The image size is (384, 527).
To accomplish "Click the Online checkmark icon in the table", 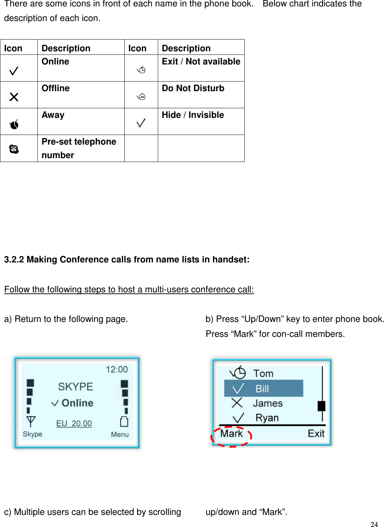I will [x=14, y=71].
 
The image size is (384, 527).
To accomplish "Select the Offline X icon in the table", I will [x=14, y=97].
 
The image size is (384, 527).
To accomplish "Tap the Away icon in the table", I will [x=14, y=124].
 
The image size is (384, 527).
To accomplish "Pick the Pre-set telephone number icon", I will [x=14, y=149].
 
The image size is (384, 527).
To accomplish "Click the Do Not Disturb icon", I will [x=141, y=96].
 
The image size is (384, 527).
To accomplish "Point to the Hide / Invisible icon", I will [x=141, y=123].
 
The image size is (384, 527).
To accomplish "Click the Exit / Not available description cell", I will [x=201, y=68].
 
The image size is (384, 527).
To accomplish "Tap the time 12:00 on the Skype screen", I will [x=116, y=369].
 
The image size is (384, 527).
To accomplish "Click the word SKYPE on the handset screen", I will [x=76, y=386].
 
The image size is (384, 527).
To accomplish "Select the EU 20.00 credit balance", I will [x=74, y=423].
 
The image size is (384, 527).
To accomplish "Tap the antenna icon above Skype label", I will [x=31, y=421].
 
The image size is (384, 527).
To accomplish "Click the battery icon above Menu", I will [x=124, y=421].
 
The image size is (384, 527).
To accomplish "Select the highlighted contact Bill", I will [x=263, y=388].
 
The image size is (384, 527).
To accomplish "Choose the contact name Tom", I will [x=263, y=374].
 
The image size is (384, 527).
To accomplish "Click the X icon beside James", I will [x=237, y=403].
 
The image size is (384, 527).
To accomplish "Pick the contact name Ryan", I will [x=267, y=418].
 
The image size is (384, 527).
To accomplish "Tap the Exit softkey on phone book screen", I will [x=316, y=433].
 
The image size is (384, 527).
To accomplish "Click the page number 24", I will [x=374, y=524].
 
